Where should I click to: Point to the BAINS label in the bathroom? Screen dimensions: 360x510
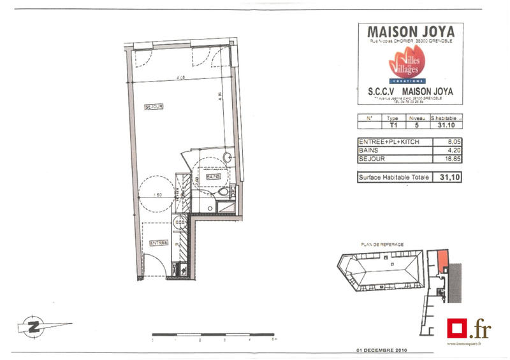(213, 176)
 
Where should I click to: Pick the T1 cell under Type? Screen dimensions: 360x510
(393, 126)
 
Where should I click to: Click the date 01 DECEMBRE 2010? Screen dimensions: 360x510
(381, 350)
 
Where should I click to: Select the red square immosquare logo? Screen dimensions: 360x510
(456, 329)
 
